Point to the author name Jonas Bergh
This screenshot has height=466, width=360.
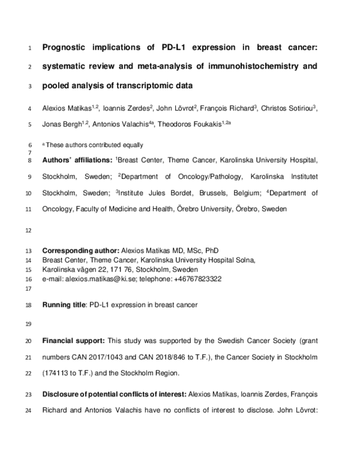[x=62, y=125]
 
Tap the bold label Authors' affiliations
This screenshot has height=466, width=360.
[x=76, y=161]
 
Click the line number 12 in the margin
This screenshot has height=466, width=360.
[x=30, y=231]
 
